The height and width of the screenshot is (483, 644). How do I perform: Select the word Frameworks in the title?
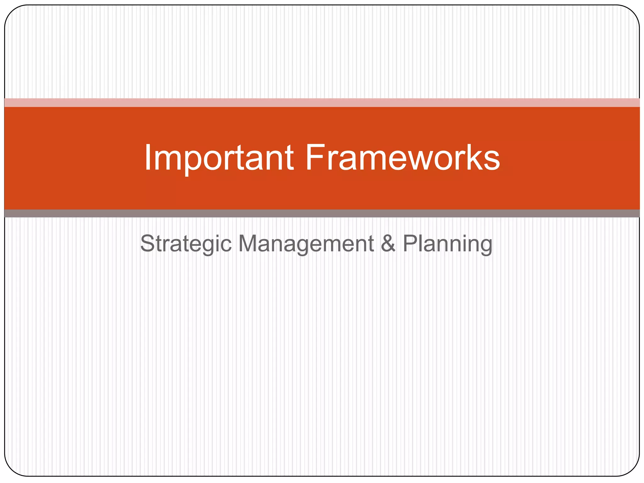coord(402,158)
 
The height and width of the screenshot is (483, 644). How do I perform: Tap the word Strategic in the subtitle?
coord(186,244)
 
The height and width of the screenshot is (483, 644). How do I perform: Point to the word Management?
coord(306,244)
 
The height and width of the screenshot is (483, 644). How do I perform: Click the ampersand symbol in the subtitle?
coord(388,243)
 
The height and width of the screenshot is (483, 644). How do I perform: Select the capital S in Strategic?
coord(148,243)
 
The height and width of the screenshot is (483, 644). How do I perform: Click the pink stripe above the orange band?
coord(322,103)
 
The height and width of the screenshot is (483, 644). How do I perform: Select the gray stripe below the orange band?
coord(322,214)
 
